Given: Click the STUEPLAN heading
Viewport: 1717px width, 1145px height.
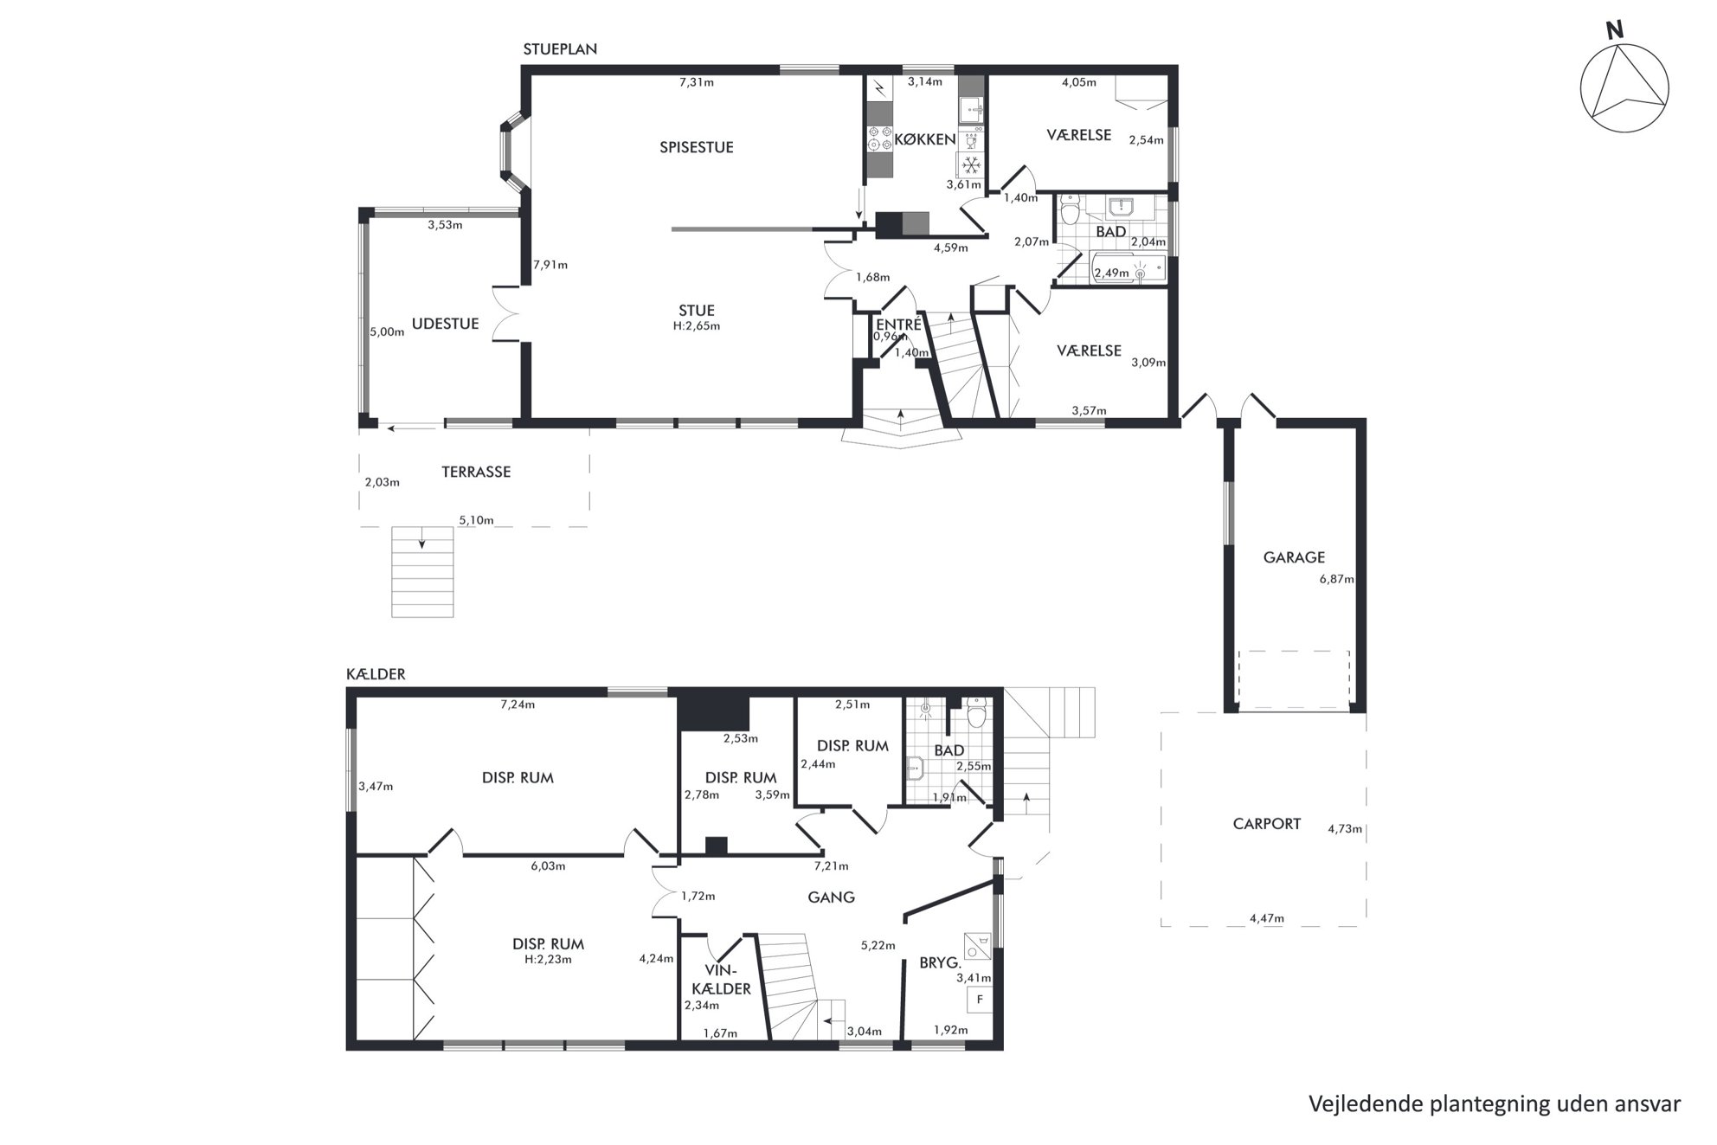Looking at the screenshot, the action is click(x=560, y=49).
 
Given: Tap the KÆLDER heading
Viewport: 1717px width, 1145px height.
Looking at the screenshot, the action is click(x=376, y=674).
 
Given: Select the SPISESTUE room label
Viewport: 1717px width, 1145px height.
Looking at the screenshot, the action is click(x=697, y=147).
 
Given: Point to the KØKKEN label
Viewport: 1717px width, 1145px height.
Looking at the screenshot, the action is click(x=924, y=139).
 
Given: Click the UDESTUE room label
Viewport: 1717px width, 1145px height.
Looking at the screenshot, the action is click(x=446, y=324).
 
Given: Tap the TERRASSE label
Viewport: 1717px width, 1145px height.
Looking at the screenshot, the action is click(x=476, y=472).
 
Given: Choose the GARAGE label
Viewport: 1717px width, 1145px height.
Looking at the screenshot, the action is click(x=1294, y=558).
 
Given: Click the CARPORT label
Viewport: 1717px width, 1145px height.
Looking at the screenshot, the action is click(x=1267, y=824).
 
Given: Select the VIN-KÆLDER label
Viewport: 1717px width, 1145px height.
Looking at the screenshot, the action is click(x=722, y=980).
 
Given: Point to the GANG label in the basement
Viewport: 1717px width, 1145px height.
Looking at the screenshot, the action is click(x=831, y=897).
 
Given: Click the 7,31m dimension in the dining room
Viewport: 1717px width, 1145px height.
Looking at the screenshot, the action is click(x=697, y=83).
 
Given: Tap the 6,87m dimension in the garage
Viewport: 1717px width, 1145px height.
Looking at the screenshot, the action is click(x=1336, y=580).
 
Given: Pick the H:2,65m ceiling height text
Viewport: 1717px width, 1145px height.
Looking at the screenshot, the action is click(x=697, y=326).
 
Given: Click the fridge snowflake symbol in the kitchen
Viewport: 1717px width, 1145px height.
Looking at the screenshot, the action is click(x=971, y=164).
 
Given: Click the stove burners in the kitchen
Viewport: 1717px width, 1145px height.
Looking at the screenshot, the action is click(x=880, y=138).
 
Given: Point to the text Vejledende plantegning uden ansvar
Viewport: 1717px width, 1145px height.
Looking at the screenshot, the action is click(x=1495, y=1104).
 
